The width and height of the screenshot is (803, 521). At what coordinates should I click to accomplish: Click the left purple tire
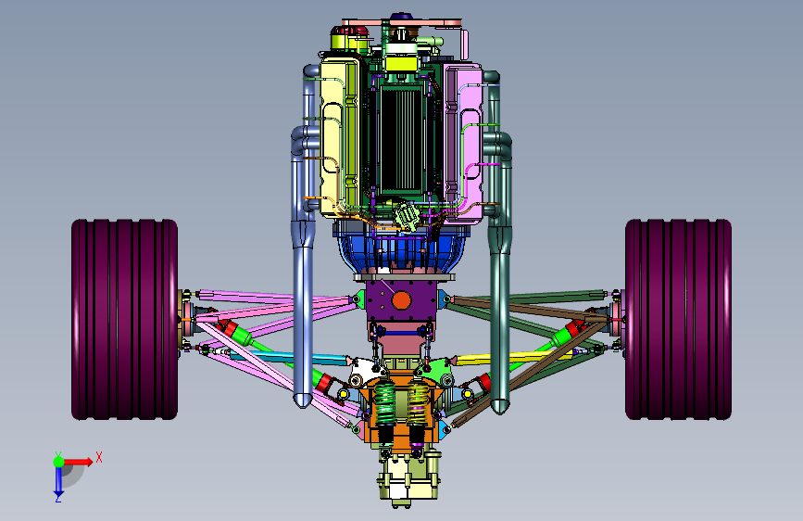[124, 320]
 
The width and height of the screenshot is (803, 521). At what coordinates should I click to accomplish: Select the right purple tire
[678, 320]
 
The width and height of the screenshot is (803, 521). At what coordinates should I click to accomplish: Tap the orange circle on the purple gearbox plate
[401, 300]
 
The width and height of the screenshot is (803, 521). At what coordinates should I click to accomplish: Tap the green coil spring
[384, 403]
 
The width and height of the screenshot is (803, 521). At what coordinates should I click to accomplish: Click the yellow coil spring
[418, 401]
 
